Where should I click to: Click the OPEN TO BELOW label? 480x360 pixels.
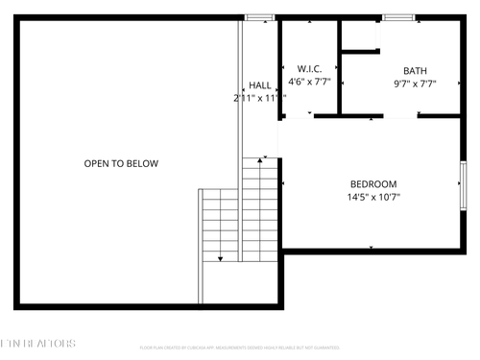click(x=121, y=163)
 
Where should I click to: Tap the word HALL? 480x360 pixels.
click(x=260, y=85)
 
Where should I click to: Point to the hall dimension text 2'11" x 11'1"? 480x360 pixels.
click(x=260, y=98)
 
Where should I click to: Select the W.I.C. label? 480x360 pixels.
click(x=309, y=69)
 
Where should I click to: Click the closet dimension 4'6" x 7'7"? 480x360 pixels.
click(x=309, y=82)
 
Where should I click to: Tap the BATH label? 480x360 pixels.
click(x=415, y=71)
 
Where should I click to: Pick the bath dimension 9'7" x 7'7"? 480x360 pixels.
click(x=415, y=84)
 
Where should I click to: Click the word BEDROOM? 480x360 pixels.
click(x=372, y=183)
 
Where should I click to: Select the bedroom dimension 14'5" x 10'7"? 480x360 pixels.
click(x=372, y=197)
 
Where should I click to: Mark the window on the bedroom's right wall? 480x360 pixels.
click(x=463, y=187)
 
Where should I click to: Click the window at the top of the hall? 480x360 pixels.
click(x=258, y=17)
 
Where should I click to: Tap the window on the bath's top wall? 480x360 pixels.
click(x=398, y=17)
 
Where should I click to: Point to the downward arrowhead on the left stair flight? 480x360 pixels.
click(x=221, y=258)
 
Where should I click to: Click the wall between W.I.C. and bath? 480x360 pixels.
click(x=340, y=67)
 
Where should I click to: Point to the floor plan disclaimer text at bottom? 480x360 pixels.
click(x=239, y=347)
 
